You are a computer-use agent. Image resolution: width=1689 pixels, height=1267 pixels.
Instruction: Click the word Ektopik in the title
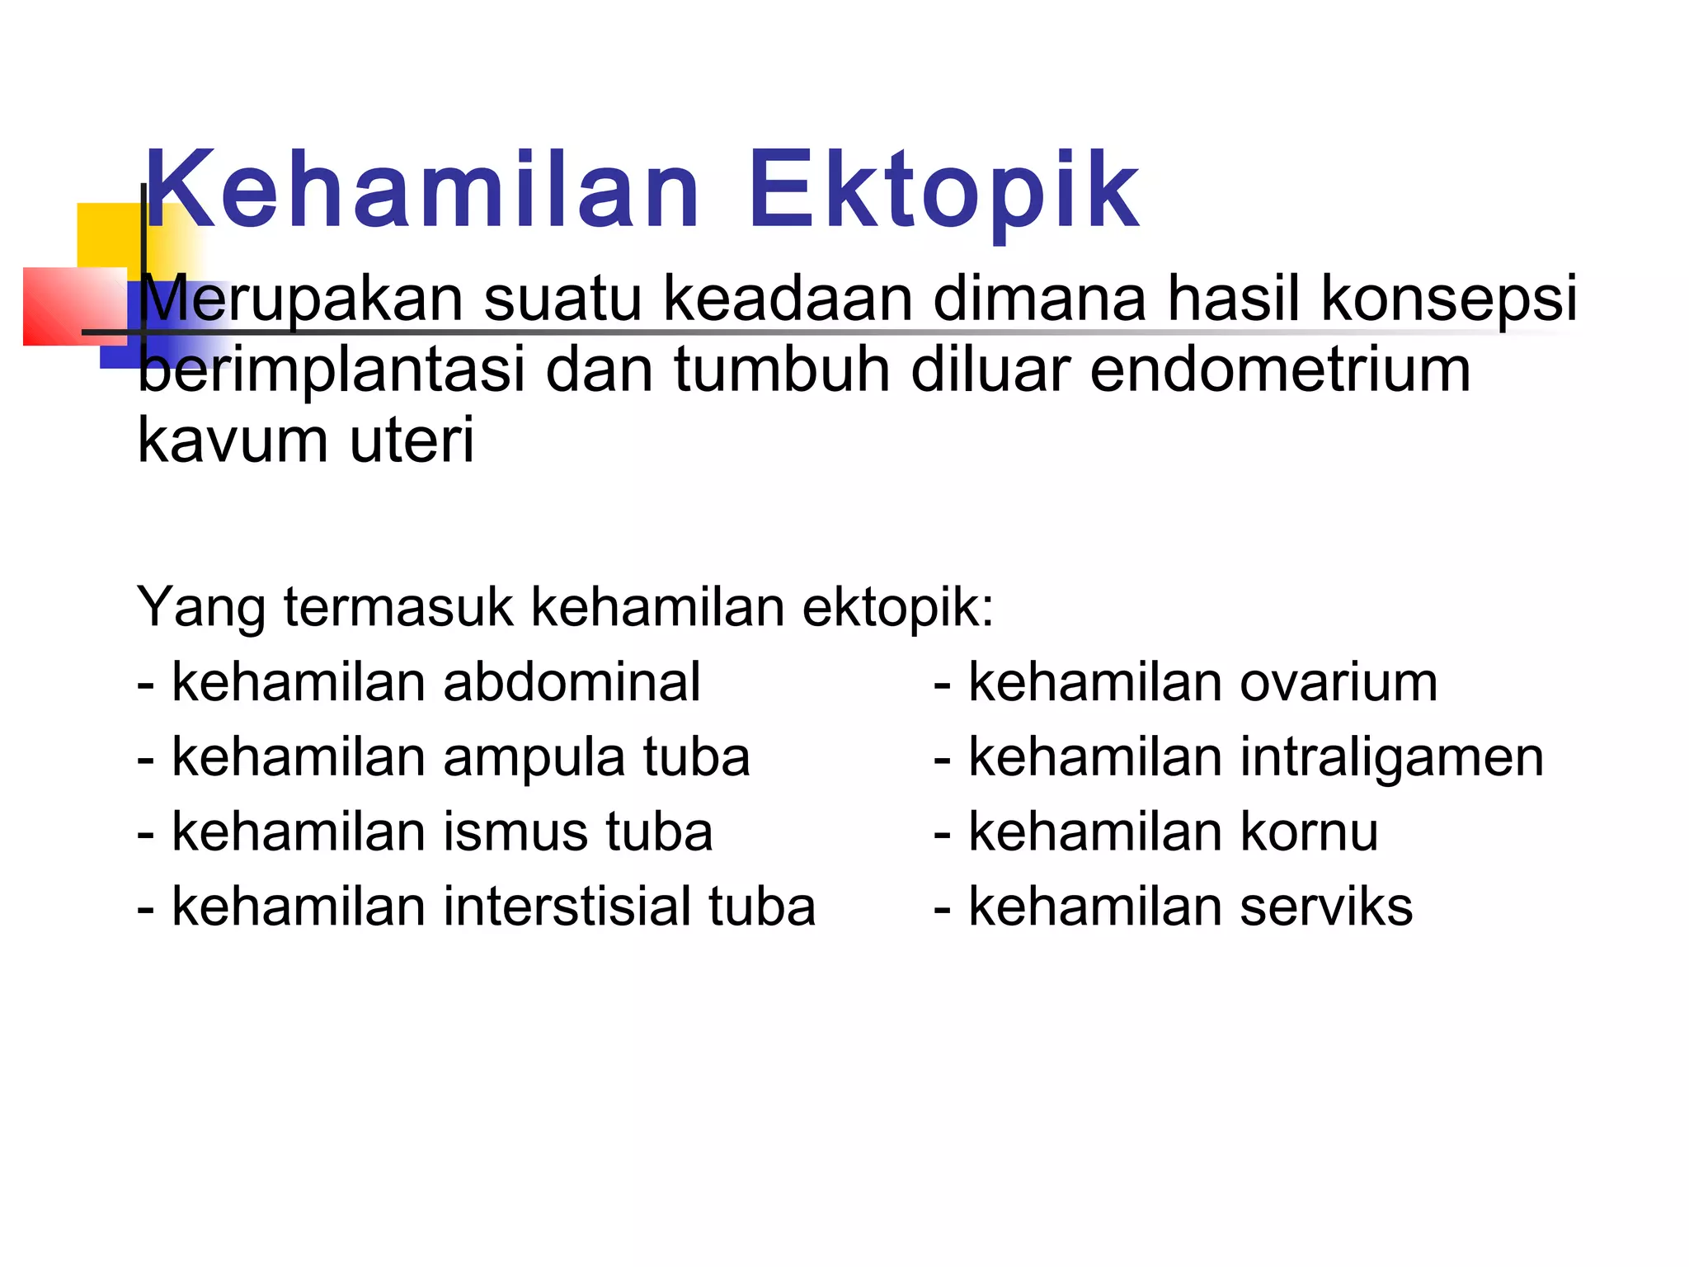(x=943, y=191)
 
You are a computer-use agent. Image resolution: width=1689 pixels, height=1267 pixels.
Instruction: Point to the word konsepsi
(x=1449, y=299)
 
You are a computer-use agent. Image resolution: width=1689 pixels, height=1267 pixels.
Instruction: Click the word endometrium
(x=1280, y=370)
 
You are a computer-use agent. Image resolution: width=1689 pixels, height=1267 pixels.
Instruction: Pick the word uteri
(x=412, y=440)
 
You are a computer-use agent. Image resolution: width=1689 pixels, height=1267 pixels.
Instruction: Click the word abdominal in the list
(x=572, y=683)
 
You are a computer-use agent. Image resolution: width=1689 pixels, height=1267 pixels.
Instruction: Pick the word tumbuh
(x=782, y=370)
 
